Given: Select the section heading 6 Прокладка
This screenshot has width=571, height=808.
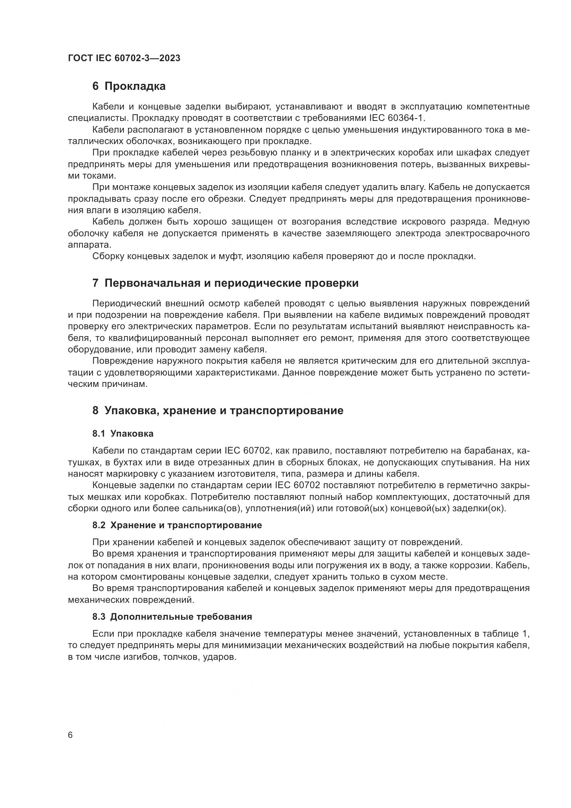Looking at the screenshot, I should pos(129,86).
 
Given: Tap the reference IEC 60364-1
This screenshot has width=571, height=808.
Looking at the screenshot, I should pos(397,118).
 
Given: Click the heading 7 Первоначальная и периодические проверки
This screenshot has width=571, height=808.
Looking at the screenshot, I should pos(225,283).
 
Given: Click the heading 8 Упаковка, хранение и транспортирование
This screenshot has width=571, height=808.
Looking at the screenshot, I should pos(217,410).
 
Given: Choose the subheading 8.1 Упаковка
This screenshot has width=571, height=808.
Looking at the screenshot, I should pos(123,434).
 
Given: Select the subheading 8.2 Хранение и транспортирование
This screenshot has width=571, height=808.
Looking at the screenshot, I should pos(177,525).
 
